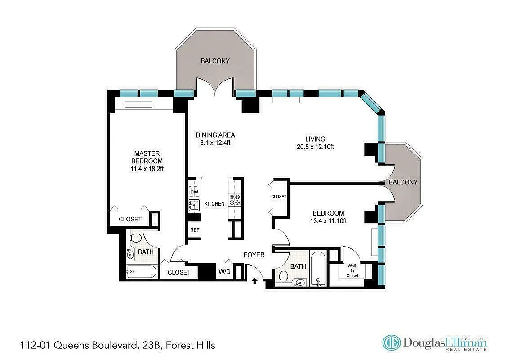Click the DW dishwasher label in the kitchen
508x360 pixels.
[x=194, y=192]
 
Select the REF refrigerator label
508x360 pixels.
[x=195, y=230]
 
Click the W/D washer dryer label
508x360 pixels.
[x=224, y=272]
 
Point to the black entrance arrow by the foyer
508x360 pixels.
[x=254, y=281]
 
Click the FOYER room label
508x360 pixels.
[x=254, y=255]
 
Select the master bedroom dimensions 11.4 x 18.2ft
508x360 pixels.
[x=147, y=169]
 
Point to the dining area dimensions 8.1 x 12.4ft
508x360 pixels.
[x=215, y=143]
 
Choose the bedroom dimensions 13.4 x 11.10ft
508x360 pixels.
[x=328, y=220]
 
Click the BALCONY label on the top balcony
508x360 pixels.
[x=215, y=61]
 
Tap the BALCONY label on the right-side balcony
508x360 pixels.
[x=403, y=182]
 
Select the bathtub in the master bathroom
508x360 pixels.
[x=141, y=271]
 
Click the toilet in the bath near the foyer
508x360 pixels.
[x=284, y=277]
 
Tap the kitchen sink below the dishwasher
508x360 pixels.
[x=194, y=206]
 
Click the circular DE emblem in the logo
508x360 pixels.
[x=391, y=342]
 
